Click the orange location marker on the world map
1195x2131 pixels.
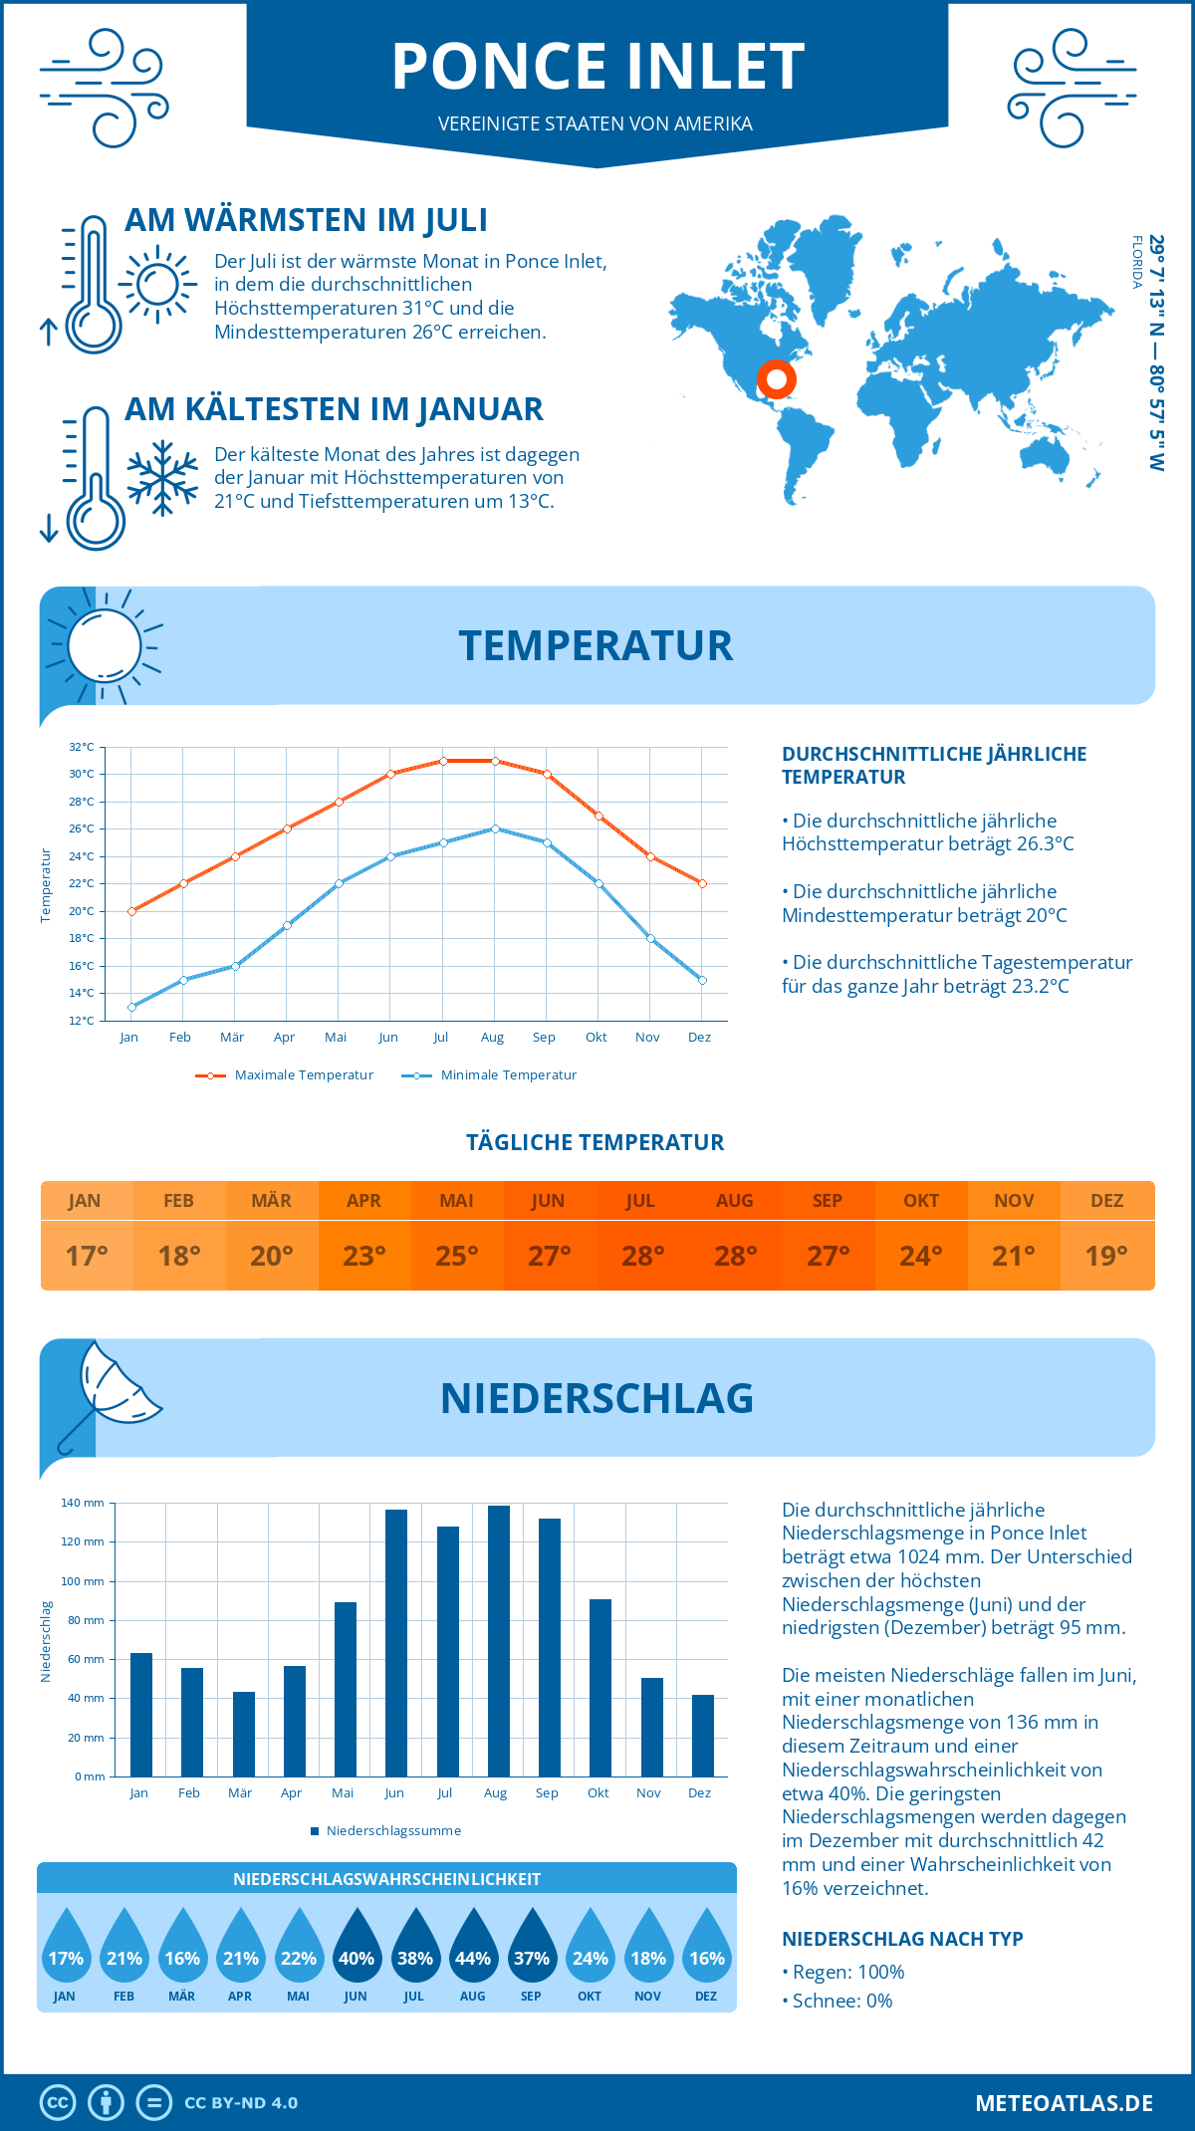tap(776, 379)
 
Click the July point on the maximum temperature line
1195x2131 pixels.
tap(443, 761)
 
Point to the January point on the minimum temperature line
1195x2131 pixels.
tap(131, 1007)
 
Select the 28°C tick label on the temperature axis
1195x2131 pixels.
tap(82, 802)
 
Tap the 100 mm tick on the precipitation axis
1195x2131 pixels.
tap(84, 1581)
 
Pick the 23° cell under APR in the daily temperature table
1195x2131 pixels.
tap(364, 1256)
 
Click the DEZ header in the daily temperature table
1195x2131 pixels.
tap(1106, 1201)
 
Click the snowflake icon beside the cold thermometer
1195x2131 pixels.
tap(162, 478)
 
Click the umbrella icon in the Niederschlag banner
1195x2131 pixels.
tap(110, 1394)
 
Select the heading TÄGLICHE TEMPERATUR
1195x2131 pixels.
tap(596, 1143)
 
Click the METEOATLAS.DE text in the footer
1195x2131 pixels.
tap(1064, 2103)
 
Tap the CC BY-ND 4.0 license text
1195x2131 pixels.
tap(241, 2103)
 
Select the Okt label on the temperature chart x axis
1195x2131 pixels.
tap(596, 1038)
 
